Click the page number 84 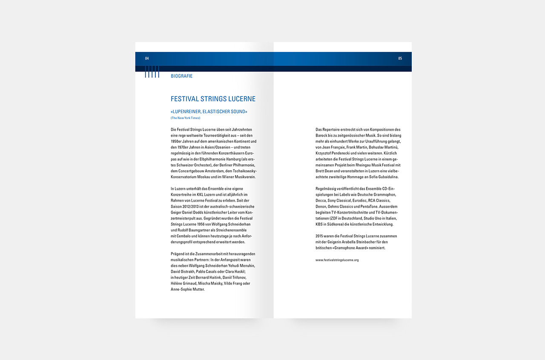(147, 58)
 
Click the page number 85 (400, 58)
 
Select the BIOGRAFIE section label (181, 76)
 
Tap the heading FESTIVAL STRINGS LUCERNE (213, 99)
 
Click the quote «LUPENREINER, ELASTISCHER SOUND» (209, 111)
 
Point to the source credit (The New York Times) (185, 118)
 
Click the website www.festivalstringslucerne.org (337, 260)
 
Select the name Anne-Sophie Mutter (187, 289)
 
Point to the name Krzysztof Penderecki (333, 153)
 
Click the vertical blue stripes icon (152, 72)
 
